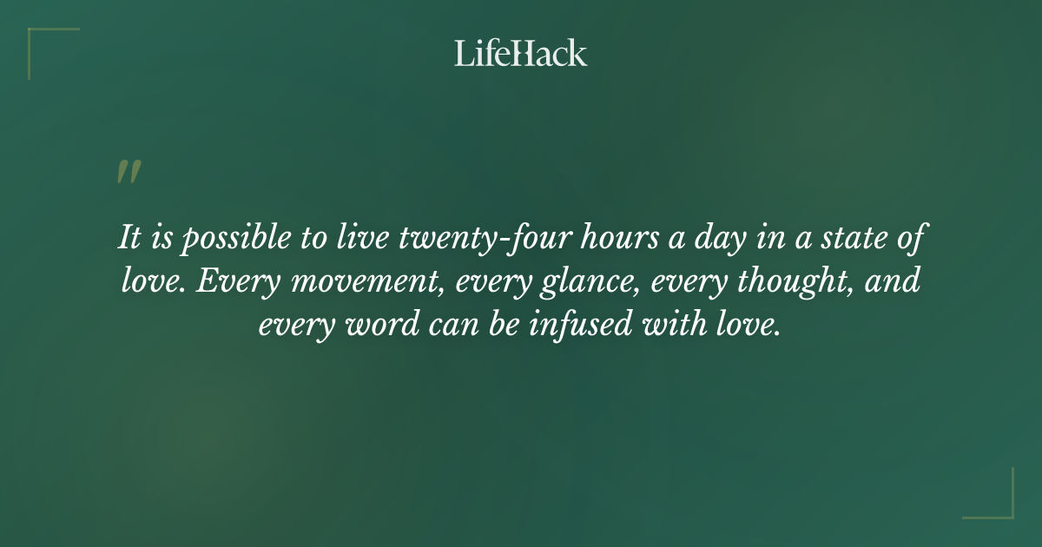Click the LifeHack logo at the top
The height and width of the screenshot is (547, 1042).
[521, 53]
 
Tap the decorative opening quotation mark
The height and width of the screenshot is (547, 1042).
[129, 172]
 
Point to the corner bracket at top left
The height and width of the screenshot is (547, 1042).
[43, 43]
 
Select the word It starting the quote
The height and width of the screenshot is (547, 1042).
[129, 239]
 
